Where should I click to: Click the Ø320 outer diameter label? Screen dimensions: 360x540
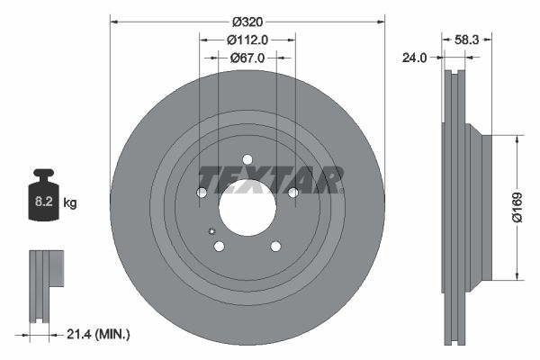[x=247, y=21]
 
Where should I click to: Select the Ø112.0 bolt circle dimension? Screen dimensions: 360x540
[x=247, y=40]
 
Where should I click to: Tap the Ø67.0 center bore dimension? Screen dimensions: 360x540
[x=247, y=58]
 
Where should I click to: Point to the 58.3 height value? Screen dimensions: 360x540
[x=467, y=40]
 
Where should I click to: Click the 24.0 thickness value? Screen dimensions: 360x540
[x=413, y=58]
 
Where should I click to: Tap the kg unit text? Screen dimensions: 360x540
[x=70, y=203]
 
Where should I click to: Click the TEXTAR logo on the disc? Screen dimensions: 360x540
[x=270, y=179]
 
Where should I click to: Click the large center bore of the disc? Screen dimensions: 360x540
[x=247, y=205]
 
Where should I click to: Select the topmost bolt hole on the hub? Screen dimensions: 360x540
[x=247, y=160]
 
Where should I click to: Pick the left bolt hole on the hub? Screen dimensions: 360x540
[x=202, y=193]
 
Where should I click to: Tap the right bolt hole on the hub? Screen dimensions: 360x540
[x=292, y=192]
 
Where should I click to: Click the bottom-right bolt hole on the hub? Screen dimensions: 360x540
[x=275, y=246]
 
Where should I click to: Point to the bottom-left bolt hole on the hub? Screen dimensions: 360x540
[x=219, y=246]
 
